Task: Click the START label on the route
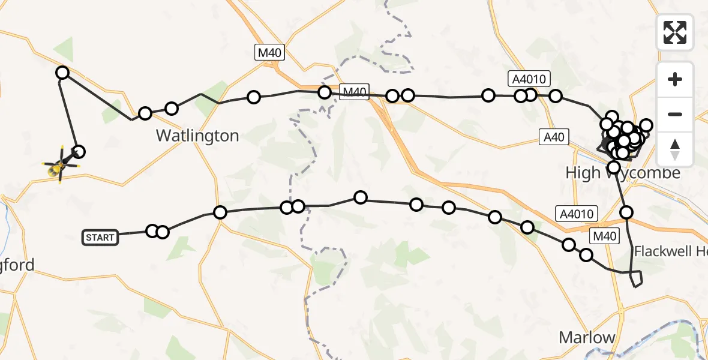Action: pyautogui.click(x=100, y=238)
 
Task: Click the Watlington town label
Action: pyautogui.click(x=197, y=136)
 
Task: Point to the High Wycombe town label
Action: pyautogui.click(x=623, y=173)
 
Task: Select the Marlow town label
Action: pyautogui.click(x=587, y=337)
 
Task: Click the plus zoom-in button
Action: pyautogui.click(x=675, y=80)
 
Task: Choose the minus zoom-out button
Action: pyautogui.click(x=675, y=114)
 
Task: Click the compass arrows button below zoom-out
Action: pyautogui.click(x=675, y=149)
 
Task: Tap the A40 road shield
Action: pyautogui.click(x=553, y=137)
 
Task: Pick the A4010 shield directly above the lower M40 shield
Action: pyautogui.click(x=578, y=214)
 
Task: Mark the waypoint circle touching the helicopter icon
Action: pyautogui.click(x=78, y=152)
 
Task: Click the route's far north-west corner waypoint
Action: pyautogui.click(x=62, y=73)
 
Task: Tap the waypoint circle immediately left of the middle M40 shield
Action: pyautogui.click(x=325, y=92)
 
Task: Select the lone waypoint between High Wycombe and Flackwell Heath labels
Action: pyautogui.click(x=626, y=212)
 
